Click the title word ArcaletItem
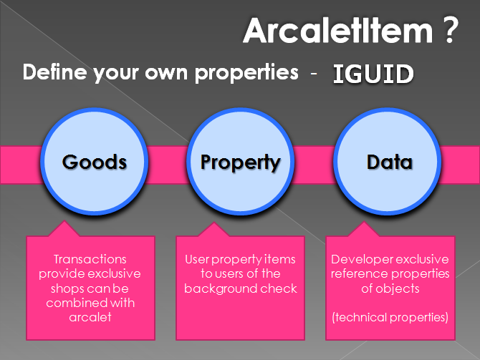[338, 30]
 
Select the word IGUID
[373, 74]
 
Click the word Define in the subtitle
[54, 72]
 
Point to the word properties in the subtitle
[246, 74]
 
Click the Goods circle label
[95, 162]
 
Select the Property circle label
[240, 163]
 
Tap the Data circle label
[390, 162]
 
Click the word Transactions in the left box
[90, 259]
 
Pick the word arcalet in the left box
[90, 317]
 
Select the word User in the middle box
[197, 259]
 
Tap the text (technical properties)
[390, 318]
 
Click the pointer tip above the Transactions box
[64, 220]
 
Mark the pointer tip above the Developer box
[364, 222]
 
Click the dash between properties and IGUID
[314, 74]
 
